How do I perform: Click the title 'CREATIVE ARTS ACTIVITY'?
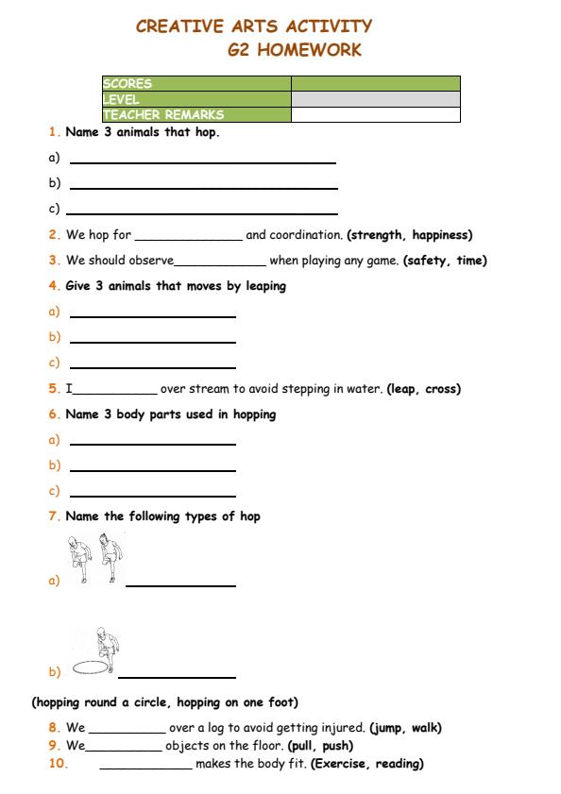click(x=254, y=26)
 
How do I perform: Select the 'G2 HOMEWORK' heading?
click(x=294, y=50)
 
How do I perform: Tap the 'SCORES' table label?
click(x=127, y=84)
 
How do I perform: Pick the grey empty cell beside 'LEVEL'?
click(x=375, y=99)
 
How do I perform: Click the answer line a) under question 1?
click(x=203, y=162)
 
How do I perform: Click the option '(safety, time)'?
click(x=445, y=261)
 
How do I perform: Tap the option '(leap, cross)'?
click(x=423, y=389)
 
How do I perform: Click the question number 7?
click(x=53, y=516)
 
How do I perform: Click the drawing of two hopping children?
click(x=97, y=559)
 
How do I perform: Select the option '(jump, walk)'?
click(x=405, y=728)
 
